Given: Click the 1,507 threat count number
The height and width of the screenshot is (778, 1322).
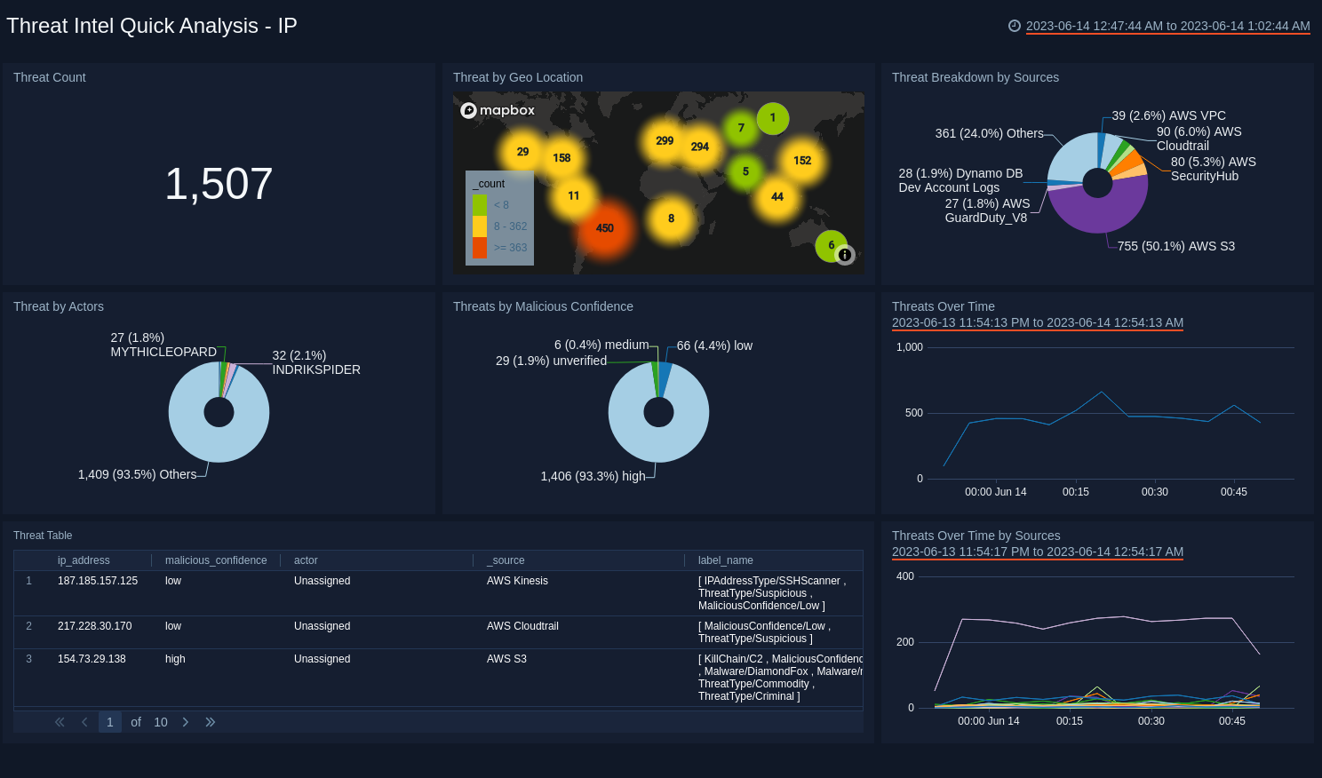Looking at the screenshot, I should (x=219, y=184).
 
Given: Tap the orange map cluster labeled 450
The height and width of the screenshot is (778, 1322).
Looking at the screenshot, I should (x=605, y=228).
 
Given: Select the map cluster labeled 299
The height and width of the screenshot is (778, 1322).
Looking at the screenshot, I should (x=665, y=140).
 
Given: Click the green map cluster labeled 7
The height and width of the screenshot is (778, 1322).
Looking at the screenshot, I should (x=741, y=128).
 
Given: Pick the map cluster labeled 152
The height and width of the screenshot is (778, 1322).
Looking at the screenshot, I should (x=802, y=161).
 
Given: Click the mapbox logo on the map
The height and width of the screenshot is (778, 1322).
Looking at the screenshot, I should (x=498, y=110).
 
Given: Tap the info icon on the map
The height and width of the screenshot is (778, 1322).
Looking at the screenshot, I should (x=845, y=255).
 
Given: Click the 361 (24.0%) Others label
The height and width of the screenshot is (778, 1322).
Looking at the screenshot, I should (x=989, y=133).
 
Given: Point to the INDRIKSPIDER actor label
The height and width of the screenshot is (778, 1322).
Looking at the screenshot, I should (x=316, y=369).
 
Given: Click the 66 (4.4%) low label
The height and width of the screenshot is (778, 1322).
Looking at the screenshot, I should (x=714, y=345).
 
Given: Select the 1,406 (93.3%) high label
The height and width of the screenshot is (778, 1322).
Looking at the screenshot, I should (x=593, y=476).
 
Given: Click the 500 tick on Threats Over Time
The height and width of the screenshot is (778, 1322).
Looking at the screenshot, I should (x=914, y=413).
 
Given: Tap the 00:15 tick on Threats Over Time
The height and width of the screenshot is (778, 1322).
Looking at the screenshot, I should (x=1075, y=491).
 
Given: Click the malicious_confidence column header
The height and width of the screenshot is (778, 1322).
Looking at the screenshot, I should (x=216, y=560).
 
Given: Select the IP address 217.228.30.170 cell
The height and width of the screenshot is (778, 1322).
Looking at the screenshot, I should (x=95, y=626).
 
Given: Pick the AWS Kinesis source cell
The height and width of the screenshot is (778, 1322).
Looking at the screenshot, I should (x=517, y=581).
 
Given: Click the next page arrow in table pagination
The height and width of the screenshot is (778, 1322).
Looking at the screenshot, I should (x=186, y=722).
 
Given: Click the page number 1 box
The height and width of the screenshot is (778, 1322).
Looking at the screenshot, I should (x=110, y=722).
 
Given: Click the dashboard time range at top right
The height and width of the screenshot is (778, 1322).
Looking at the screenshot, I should (x=1167, y=26).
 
